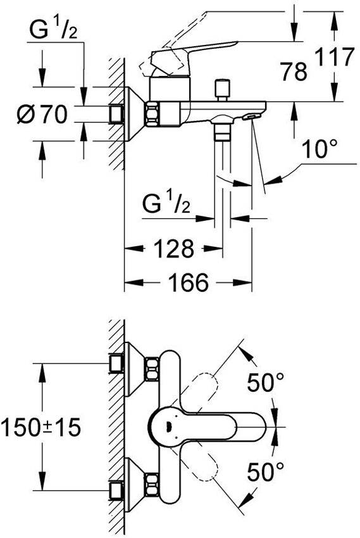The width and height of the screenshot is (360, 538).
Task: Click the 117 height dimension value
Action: tap(334, 56)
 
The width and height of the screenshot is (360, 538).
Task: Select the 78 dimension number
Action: tap(294, 72)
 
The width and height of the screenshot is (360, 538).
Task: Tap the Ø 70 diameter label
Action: tap(42, 115)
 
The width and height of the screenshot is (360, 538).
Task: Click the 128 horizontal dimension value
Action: tap(174, 249)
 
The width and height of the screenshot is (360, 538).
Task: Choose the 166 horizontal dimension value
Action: tap(189, 282)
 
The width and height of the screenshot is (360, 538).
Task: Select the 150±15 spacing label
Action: tap(41, 427)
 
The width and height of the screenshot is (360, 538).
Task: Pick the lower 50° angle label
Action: tap(266, 472)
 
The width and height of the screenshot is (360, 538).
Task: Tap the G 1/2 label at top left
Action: tap(54, 30)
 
